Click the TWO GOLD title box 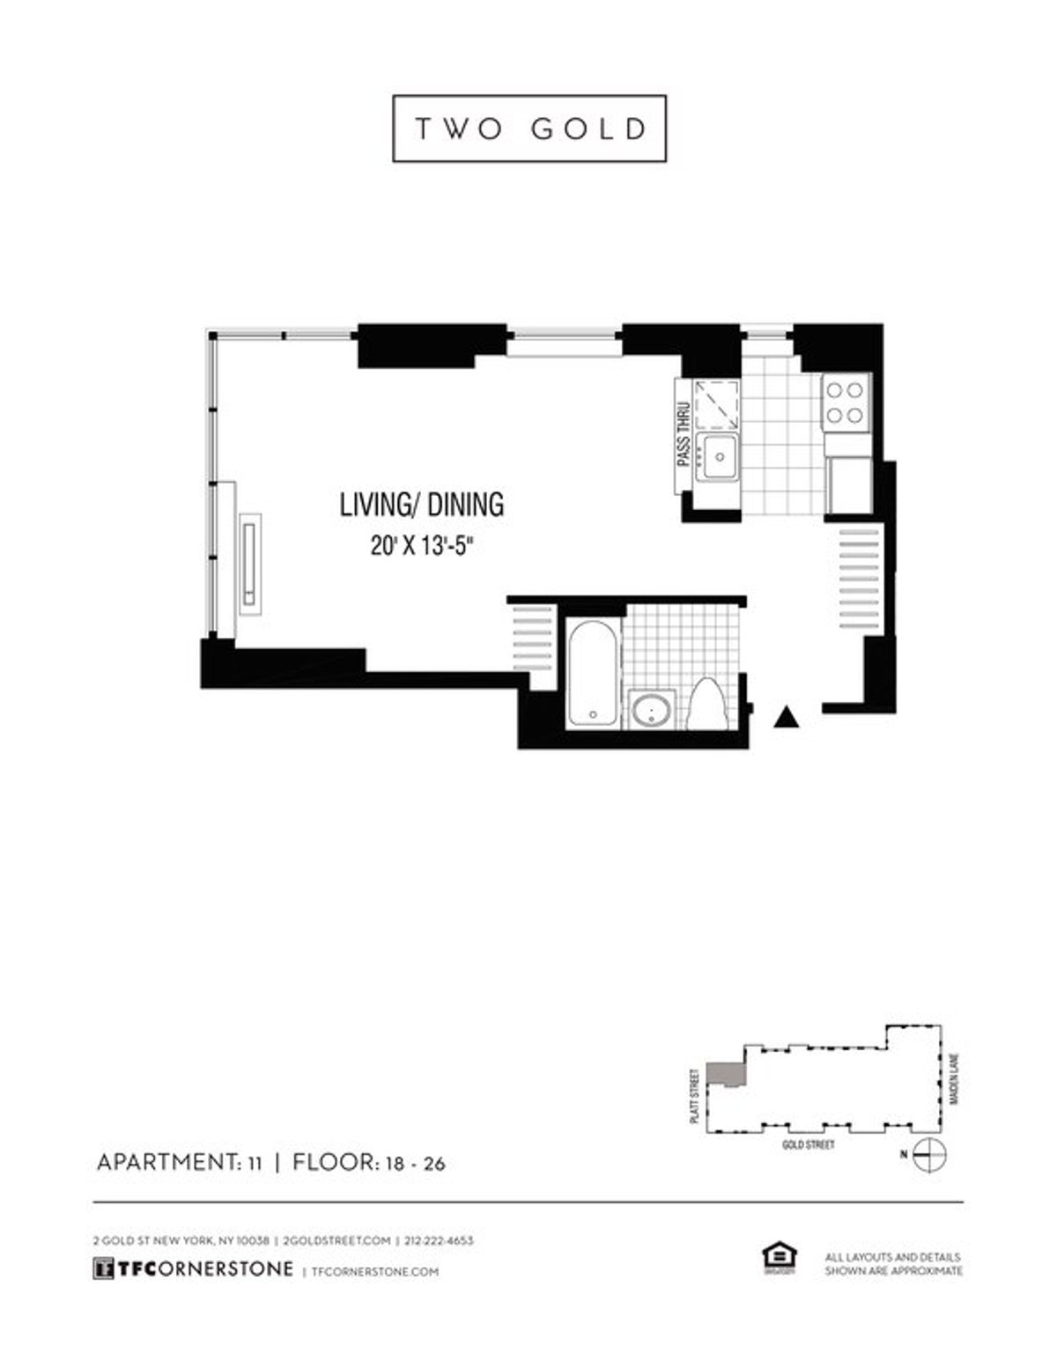coord(528,129)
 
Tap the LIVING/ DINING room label coord(422,504)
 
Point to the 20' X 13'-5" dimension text coord(422,546)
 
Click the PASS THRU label coord(682,434)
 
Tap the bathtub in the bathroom coord(592,672)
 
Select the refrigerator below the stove coord(849,485)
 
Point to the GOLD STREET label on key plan coord(808,1145)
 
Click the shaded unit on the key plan coord(728,1073)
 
